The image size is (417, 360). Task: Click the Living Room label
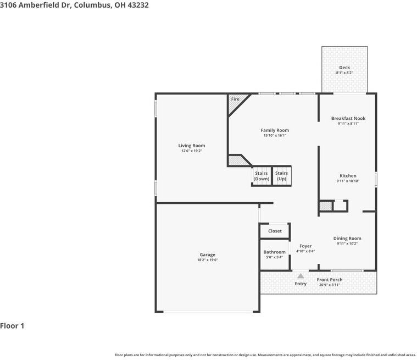[191, 146]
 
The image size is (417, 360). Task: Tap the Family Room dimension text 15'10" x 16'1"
[275, 135]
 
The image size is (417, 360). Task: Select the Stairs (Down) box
[262, 176]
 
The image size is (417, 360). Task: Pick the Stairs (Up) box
[281, 176]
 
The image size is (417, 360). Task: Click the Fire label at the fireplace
[235, 99]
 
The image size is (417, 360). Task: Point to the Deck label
[344, 68]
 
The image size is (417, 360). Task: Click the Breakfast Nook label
[348, 118]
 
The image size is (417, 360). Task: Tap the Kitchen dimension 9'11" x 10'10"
[348, 181]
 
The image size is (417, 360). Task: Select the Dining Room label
[347, 238]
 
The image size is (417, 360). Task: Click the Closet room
[275, 231]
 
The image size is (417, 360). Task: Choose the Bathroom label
[274, 252]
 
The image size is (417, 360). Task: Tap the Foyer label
[305, 246]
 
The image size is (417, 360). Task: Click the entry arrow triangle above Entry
[301, 276]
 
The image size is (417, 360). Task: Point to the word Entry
[301, 284]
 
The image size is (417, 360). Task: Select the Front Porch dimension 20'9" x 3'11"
[330, 285]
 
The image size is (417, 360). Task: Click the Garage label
[207, 254]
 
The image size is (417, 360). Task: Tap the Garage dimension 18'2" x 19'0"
[207, 260]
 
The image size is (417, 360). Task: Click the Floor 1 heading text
[12, 326]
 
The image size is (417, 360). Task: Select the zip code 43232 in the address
[137, 5]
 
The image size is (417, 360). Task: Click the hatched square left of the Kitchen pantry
[325, 206]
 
